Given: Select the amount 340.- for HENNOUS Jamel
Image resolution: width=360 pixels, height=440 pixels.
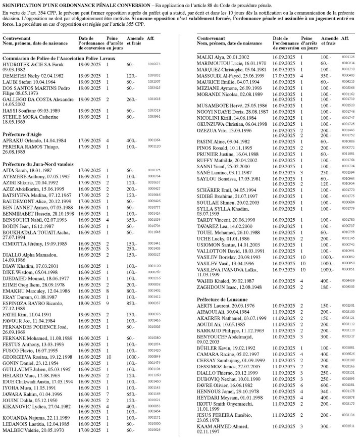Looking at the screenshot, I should [x=328, y=391].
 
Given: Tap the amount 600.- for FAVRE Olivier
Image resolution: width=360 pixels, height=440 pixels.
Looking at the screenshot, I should [x=328, y=384].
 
